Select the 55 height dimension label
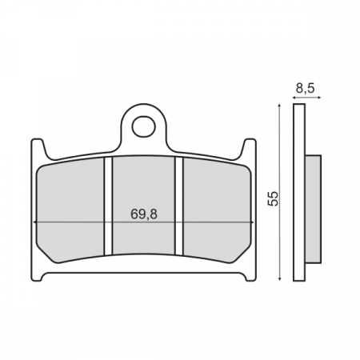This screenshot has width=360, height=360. tap(273, 198)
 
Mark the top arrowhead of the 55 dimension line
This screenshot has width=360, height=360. tap(278, 107)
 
